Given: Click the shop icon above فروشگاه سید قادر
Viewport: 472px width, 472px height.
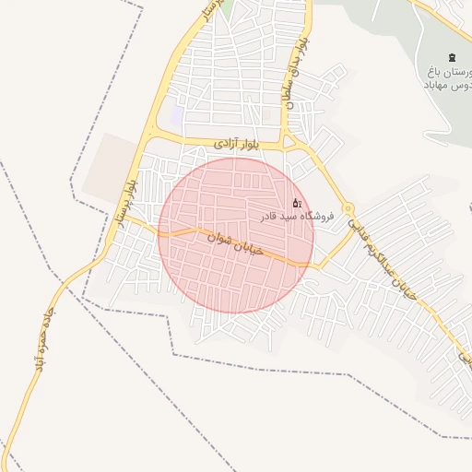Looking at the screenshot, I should pyautogui.click(x=296, y=203).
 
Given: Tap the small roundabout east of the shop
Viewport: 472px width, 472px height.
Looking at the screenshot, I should pyautogui.click(x=348, y=209).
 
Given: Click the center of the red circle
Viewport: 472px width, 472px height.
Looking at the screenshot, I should pyautogui.click(x=236, y=235).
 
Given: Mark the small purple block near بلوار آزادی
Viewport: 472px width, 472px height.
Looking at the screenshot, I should pyautogui.click(x=175, y=116).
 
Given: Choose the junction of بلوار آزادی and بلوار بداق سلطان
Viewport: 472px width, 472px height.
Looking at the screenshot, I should pyautogui.click(x=289, y=141).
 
